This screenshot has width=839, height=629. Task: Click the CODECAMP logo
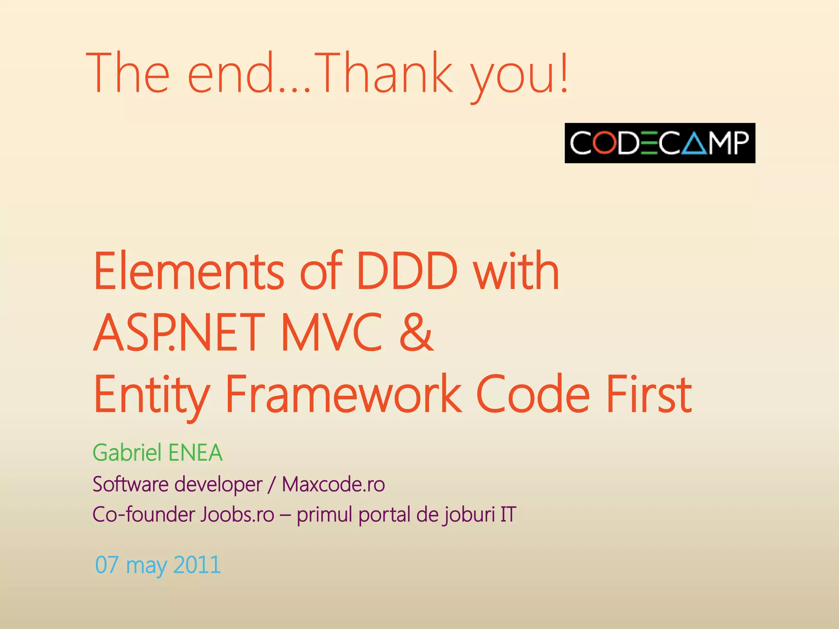pos(660,143)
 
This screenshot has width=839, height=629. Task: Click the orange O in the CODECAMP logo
pos(605,143)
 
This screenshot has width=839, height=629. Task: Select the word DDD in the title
pos(406,272)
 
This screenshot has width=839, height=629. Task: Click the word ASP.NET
pos(176,333)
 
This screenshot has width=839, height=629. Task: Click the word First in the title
pos(649,394)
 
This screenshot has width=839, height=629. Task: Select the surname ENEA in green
pos(195,453)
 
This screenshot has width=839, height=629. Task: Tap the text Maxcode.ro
pos(333,484)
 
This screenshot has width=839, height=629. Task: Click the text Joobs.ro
pos(237,515)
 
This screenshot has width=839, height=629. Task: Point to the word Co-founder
pos(144,515)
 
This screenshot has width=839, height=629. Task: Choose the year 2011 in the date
pos(197,565)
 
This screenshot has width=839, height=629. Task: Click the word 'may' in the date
pos(146,566)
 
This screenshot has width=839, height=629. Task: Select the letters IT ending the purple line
pos(508,515)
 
